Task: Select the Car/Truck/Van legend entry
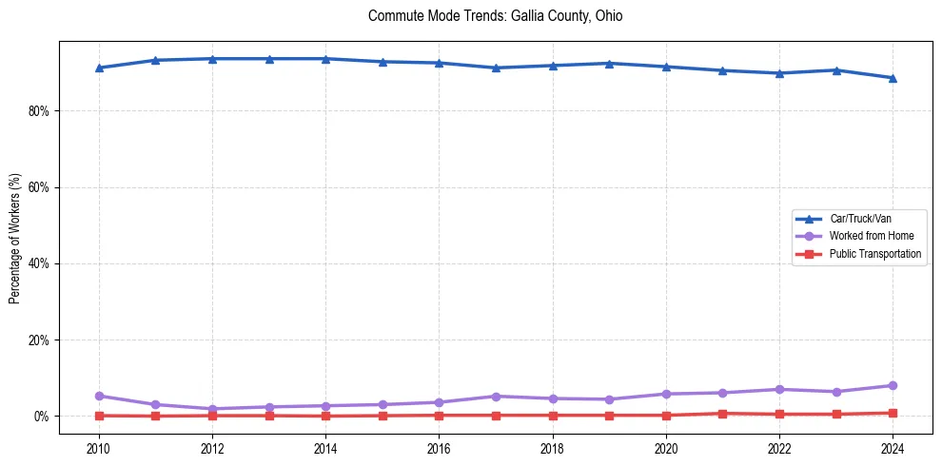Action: pyautogui.click(x=860, y=219)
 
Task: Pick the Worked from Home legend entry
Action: pyautogui.click(x=867, y=236)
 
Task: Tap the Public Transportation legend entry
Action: pyautogui.click(x=875, y=254)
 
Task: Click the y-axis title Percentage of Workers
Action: pyautogui.click(x=15, y=239)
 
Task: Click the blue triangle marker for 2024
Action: pyautogui.click(x=893, y=78)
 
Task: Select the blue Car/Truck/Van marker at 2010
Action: pyautogui.click(x=99, y=68)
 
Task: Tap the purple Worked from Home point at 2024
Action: pyautogui.click(x=893, y=385)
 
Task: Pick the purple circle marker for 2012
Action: pyautogui.click(x=212, y=409)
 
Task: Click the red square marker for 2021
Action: pyautogui.click(x=722, y=414)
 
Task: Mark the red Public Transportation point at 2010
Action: pyautogui.click(x=99, y=416)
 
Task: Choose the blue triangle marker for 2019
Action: pyautogui.click(x=609, y=63)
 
